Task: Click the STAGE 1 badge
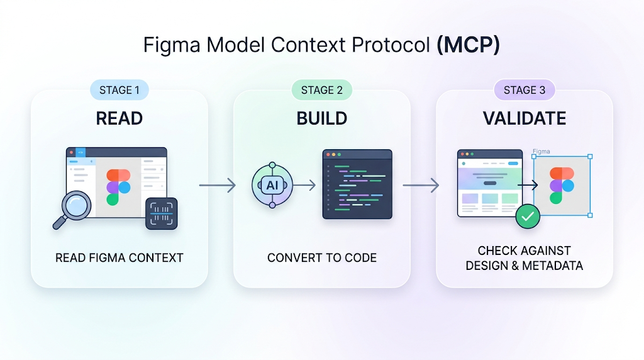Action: tap(119, 90)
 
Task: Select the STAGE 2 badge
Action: tap(322, 90)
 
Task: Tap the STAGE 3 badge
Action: tap(525, 90)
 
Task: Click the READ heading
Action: tap(119, 118)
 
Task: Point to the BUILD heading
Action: tap(322, 118)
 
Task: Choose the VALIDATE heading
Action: tap(525, 118)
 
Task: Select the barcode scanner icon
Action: tap(162, 213)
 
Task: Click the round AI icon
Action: tap(272, 185)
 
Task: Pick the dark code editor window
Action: tap(357, 184)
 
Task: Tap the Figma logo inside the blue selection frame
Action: tap(562, 185)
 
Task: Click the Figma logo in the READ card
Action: tap(118, 186)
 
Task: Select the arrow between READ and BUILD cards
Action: tap(217, 185)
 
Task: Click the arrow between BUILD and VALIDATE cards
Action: tap(420, 185)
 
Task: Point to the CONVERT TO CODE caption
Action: tap(322, 257)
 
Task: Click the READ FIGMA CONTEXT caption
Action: tap(119, 257)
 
